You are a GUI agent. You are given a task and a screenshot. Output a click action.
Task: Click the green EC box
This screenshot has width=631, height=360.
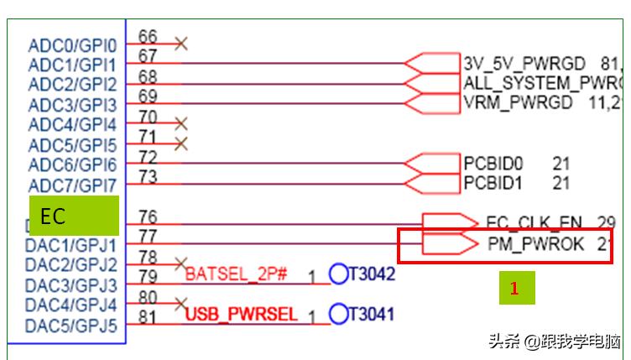(x=74, y=216)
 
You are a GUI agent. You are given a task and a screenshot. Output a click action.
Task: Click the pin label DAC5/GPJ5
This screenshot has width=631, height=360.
(x=71, y=326)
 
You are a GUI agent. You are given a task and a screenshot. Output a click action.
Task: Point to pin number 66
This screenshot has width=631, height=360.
(x=148, y=36)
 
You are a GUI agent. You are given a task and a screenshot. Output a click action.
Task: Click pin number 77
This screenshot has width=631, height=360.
(x=148, y=237)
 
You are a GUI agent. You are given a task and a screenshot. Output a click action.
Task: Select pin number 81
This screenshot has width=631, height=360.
(x=148, y=317)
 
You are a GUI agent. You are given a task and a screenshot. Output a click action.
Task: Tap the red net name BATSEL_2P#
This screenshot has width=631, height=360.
(x=237, y=274)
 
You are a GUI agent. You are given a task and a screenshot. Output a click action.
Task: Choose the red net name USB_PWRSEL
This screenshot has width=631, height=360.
(x=242, y=315)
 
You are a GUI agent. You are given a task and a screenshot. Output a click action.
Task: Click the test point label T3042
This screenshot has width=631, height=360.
(x=372, y=274)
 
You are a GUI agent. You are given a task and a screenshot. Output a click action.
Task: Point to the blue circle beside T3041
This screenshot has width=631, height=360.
(x=338, y=314)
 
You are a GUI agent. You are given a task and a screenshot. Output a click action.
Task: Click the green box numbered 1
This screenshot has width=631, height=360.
(x=516, y=288)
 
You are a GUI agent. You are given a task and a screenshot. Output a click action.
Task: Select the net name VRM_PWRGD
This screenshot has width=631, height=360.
(x=518, y=102)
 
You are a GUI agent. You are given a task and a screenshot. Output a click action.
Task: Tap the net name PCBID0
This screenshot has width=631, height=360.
(x=492, y=163)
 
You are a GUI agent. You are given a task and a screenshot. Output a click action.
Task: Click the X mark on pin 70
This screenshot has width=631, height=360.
(x=180, y=123)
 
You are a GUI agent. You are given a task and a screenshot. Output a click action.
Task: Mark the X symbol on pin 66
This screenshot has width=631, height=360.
(x=180, y=43)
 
